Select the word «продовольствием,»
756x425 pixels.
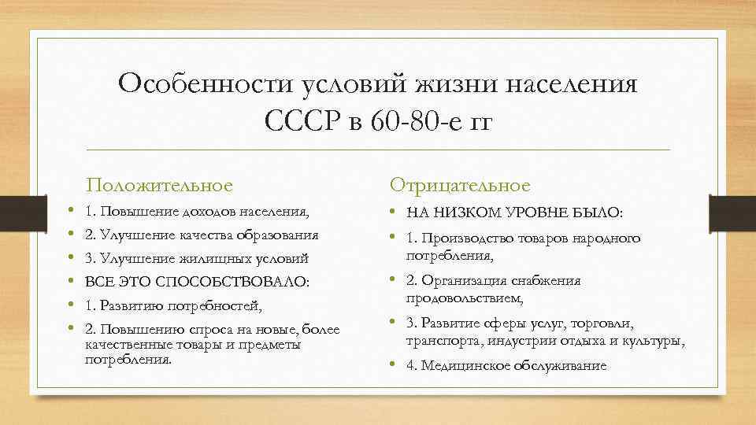pos(464,298)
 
